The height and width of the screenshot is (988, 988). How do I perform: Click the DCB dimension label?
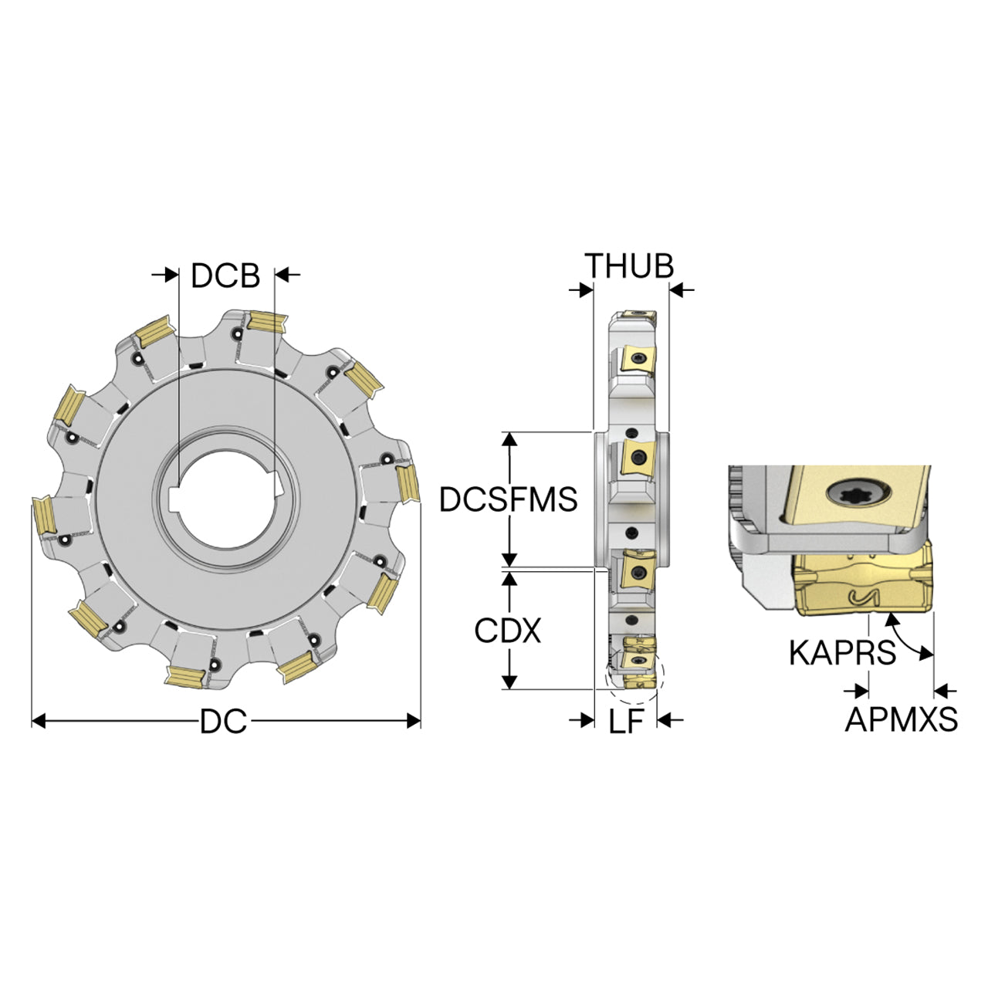(225, 276)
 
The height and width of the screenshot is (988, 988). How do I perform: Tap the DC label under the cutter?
(224, 721)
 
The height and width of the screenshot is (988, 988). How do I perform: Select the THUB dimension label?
(629, 266)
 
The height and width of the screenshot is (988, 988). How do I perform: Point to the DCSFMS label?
(508, 499)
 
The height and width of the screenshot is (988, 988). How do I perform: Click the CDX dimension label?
(508, 631)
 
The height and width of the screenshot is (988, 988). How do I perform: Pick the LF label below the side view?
(625, 722)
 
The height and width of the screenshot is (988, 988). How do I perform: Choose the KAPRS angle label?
(842, 653)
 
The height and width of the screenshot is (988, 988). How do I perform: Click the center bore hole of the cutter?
(225, 505)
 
